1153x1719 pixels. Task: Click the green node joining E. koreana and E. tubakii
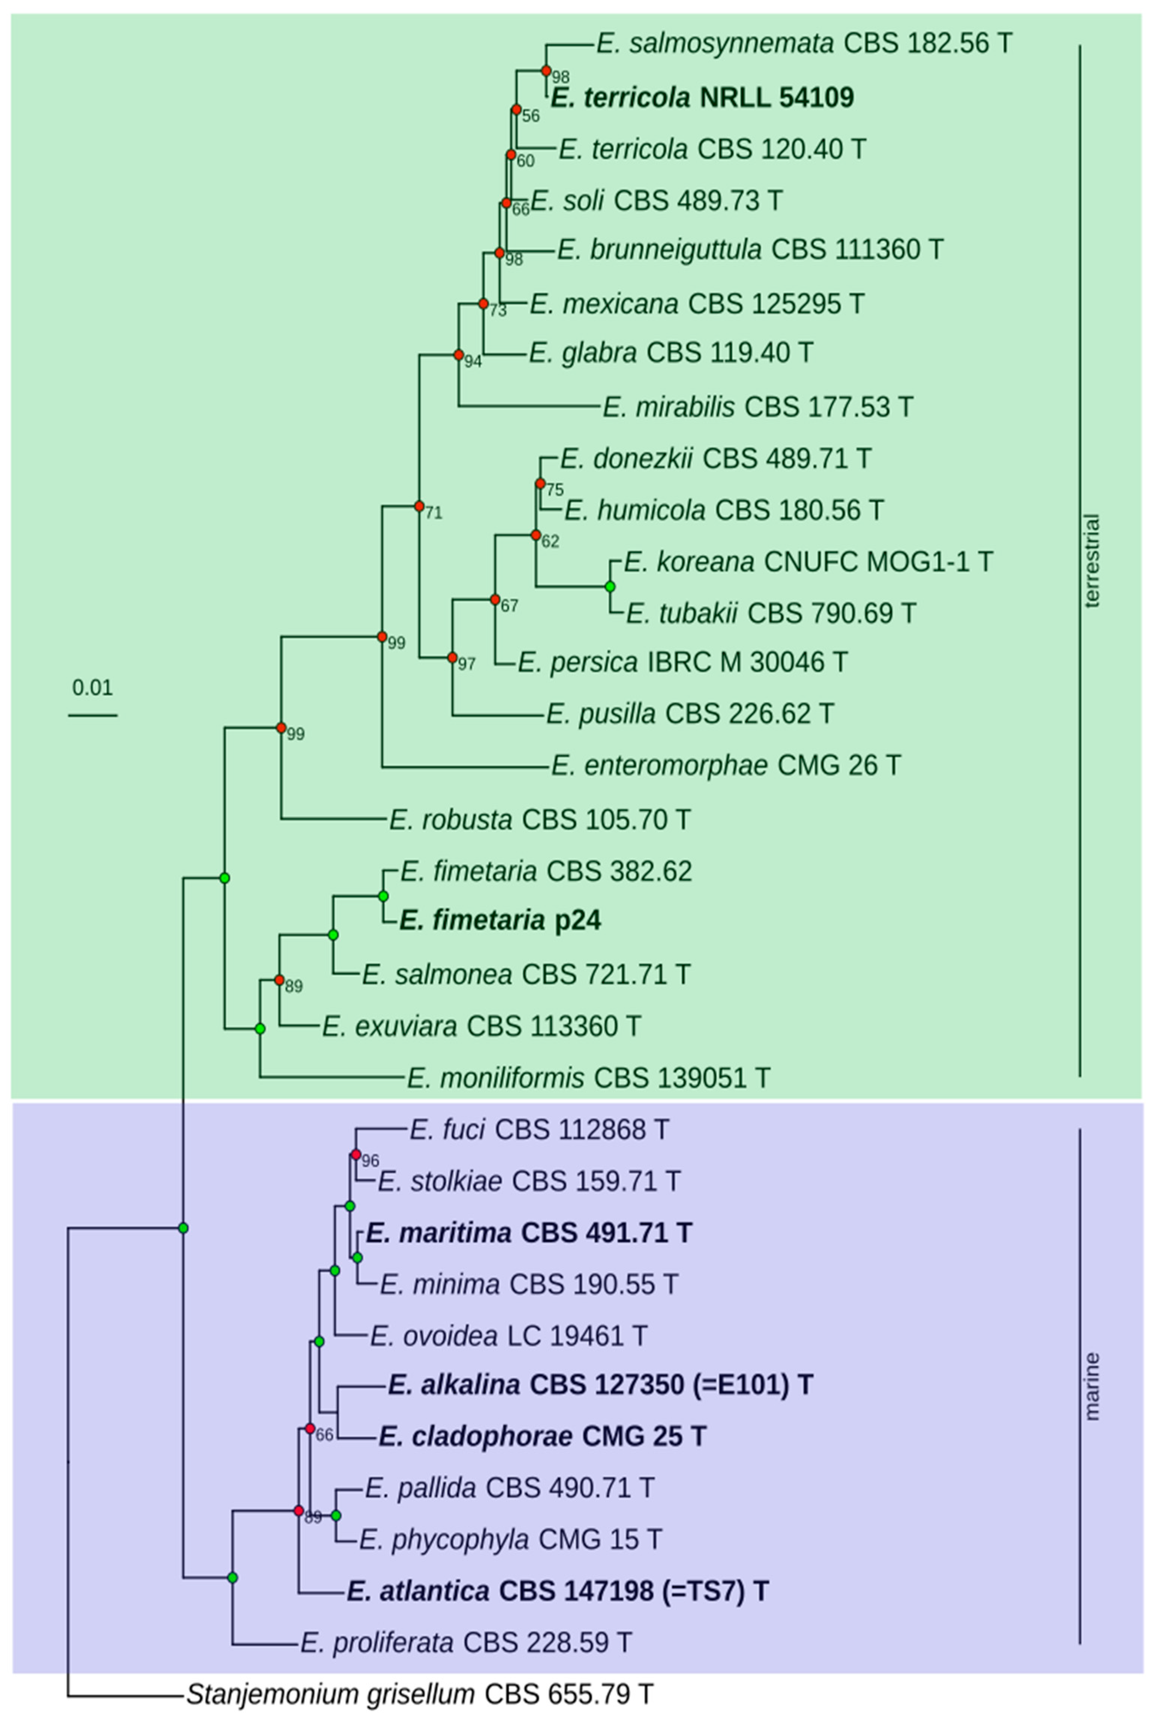[610, 586]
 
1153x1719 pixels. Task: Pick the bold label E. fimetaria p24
[500, 921]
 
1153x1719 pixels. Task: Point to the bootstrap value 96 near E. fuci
[370, 1161]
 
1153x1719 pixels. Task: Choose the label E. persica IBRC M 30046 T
[682, 662]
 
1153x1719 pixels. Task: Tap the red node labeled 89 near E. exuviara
[280, 980]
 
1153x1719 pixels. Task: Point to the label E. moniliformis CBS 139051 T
[588, 1078]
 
